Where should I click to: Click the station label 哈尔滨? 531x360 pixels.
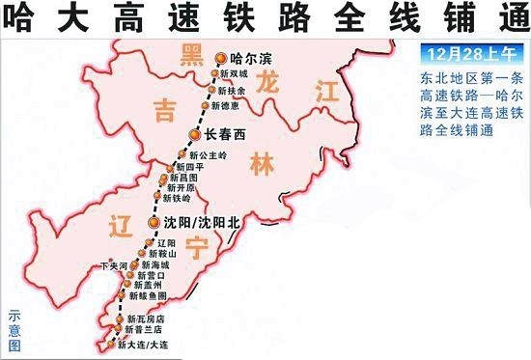(252, 59)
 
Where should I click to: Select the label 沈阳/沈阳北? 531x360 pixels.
(198, 222)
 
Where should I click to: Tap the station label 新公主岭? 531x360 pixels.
(208, 154)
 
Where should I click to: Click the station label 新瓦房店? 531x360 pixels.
(147, 318)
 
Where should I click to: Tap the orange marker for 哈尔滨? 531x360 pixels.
(221, 58)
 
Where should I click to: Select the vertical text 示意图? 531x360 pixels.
(14, 329)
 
